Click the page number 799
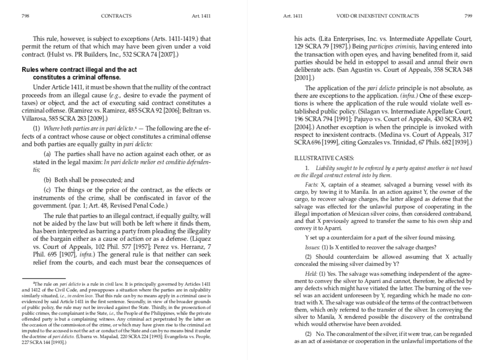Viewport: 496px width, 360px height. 468,16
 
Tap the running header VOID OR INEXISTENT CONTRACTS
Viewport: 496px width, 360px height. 377,16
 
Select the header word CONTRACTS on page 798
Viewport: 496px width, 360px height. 116,16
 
